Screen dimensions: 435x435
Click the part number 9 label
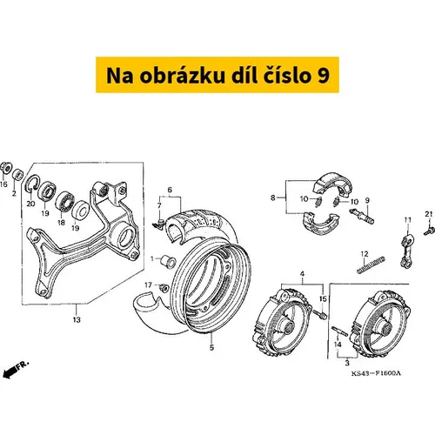tap(367, 200)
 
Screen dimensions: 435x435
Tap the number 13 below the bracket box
tap(77, 320)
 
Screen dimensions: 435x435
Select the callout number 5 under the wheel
tap(211, 347)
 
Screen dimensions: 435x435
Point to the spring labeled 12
tap(371, 264)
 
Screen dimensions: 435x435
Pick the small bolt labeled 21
tap(429, 231)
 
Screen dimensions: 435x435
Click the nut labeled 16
tap(5, 167)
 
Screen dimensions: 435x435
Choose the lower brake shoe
tap(321, 223)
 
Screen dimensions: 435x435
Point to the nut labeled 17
tap(164, 288)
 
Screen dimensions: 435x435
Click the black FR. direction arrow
tap(9, 372)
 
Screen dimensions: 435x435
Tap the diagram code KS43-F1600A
tap(376, 373)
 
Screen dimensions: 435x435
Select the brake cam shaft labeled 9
tap(362, 216)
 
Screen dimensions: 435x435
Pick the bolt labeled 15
tap(320, 314)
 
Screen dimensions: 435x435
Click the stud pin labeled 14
tap(339, 331)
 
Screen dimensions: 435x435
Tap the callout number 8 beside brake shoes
tap(273, 197)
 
